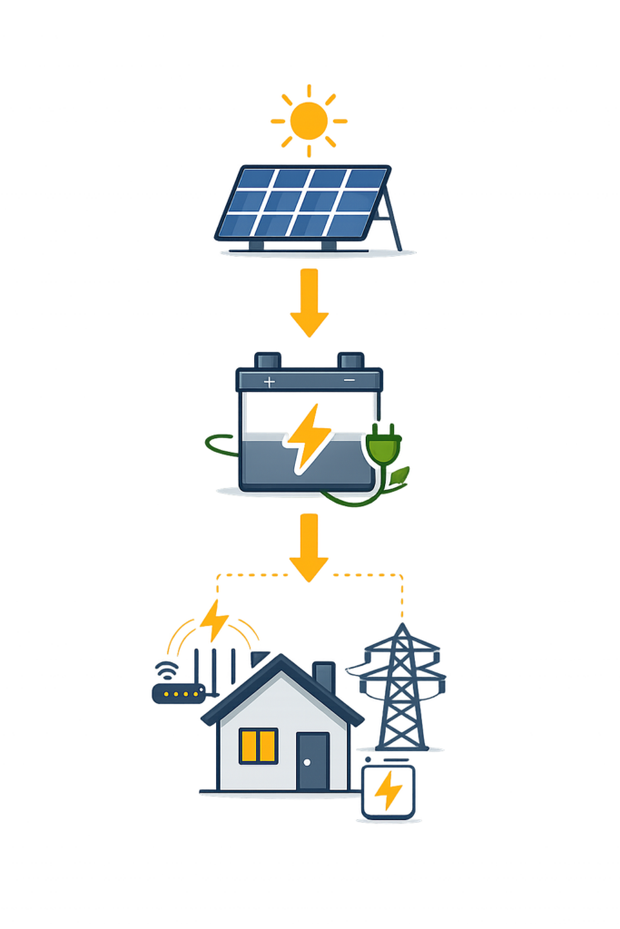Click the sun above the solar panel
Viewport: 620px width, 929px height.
(310, 119)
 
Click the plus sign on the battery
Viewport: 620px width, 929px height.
(269, 383)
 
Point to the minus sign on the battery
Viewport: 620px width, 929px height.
(349, 382)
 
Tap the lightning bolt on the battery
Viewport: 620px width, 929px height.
(306, 438)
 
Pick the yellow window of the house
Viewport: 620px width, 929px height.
(258, 745)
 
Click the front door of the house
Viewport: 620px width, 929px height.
(312, 760)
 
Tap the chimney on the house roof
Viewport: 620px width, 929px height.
(323, 677)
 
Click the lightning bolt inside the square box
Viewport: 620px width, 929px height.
(389, 790)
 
